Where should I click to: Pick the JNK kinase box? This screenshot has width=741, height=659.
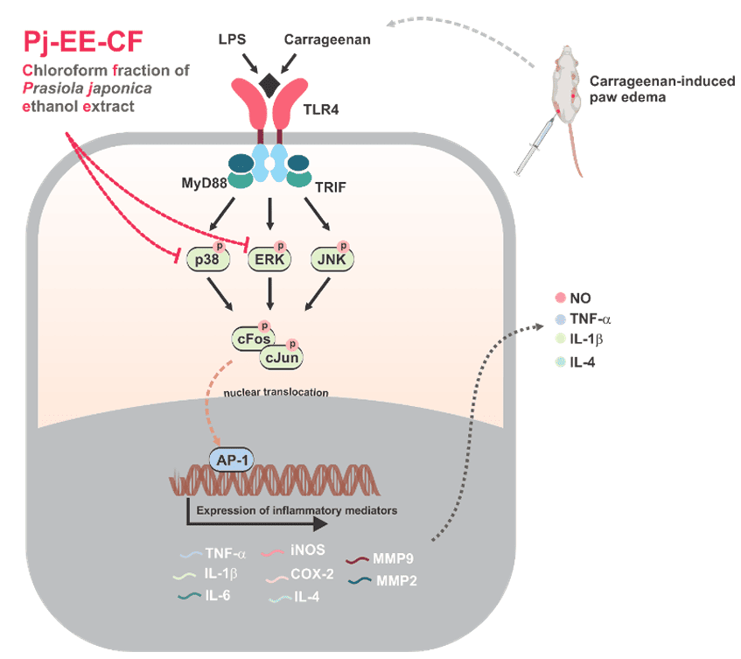[332, 259]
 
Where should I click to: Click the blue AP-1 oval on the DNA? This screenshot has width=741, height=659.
[230, 459]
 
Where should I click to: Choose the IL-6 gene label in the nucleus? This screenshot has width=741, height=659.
[219, 597]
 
